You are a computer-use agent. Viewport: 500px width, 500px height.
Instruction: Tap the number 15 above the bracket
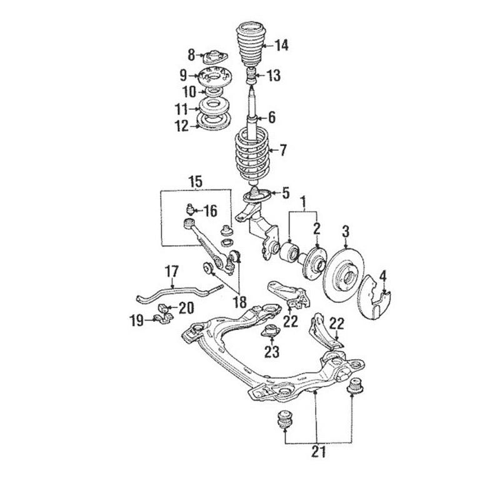pos(195,182)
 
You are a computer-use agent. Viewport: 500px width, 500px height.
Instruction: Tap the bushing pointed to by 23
pos(270,331)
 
